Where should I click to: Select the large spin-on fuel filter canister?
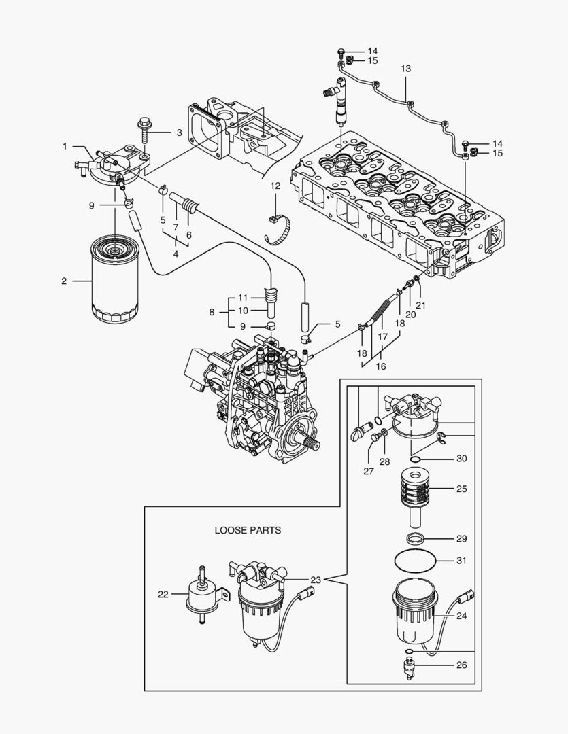tap(114, 279)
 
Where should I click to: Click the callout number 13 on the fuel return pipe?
tap(406, 69)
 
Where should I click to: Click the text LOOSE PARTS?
tap(248, 530)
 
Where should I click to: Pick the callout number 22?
tap(163, 594)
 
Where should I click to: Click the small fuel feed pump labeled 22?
tap(200, 596)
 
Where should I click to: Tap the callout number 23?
tap(316, 580)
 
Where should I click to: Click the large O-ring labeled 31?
tap(416, 561)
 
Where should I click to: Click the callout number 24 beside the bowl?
tap(462, 616)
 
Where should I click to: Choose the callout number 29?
tap(462, 538)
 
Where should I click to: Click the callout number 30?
tap(462, 459)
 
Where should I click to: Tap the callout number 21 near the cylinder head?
tap(421, 305)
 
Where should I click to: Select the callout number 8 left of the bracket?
tap(212, 313)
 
